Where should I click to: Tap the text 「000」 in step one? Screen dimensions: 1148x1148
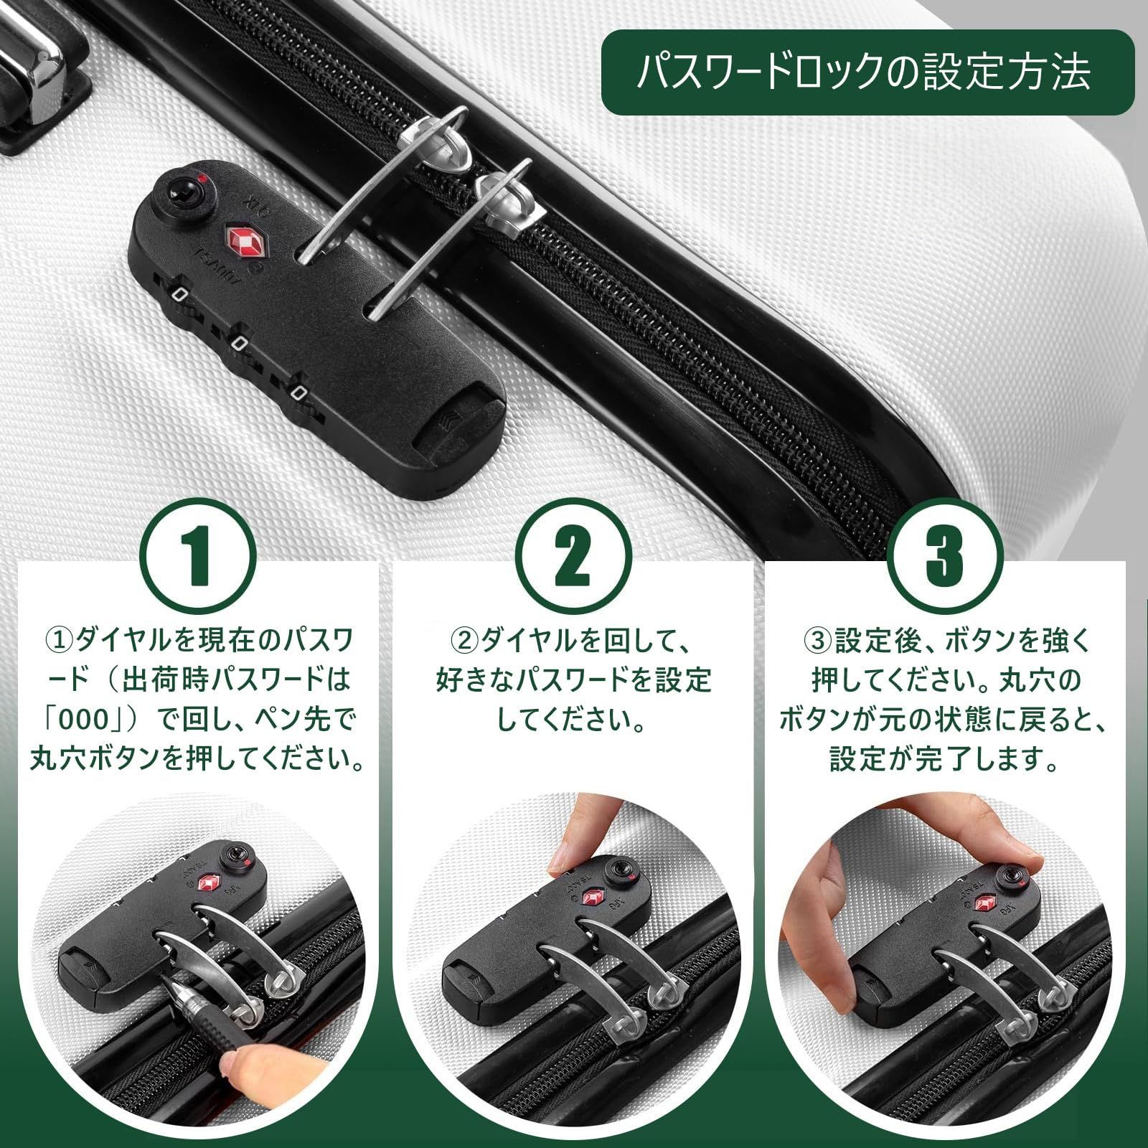[x=91, y=719]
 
